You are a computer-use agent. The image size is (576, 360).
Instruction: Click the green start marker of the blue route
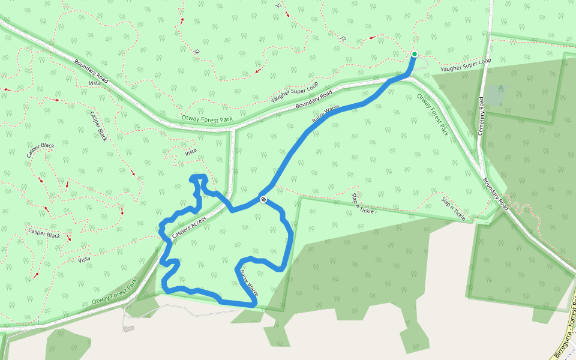point(414,55)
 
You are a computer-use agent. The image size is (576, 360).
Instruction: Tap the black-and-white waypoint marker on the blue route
point(263,199)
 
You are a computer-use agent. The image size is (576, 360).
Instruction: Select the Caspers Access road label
point(189,229)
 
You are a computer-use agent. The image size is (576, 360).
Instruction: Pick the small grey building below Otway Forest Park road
point(128,329)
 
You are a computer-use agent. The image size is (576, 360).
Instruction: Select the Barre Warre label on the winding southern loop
point(248,283)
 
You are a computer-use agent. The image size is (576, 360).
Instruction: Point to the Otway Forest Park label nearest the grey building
point(115,293)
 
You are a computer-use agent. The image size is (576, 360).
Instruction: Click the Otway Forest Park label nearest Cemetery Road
point(433,113)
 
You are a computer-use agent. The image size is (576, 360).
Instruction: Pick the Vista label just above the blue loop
point(191,152)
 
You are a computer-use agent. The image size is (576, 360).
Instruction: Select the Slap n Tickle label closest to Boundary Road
point(453,208)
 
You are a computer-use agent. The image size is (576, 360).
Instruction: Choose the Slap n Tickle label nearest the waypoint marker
point(362,203)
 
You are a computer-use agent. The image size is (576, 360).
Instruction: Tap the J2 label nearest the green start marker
point(343,38)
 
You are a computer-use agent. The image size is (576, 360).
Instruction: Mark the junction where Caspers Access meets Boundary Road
point(232,128)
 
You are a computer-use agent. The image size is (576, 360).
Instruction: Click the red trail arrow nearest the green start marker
point(373,38)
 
